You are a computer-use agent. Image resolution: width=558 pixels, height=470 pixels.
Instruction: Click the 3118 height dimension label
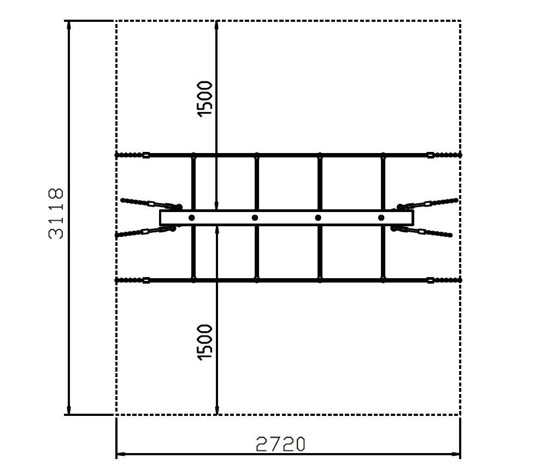56,214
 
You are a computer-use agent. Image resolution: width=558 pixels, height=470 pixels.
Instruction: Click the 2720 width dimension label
280,444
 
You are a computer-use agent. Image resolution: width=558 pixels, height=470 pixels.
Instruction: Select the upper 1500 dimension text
205,98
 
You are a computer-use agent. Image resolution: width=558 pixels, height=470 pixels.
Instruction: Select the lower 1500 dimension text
205,342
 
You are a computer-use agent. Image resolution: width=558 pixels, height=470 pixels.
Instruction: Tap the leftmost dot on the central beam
191,218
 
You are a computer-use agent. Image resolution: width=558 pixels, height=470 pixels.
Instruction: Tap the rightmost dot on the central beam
381,218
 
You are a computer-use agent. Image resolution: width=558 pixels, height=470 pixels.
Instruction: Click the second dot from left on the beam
255,218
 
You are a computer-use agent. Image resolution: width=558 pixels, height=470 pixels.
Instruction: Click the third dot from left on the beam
318,218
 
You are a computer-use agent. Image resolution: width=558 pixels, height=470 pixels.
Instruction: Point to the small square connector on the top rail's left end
146,155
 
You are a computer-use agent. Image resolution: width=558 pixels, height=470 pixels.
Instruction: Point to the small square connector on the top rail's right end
430,155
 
